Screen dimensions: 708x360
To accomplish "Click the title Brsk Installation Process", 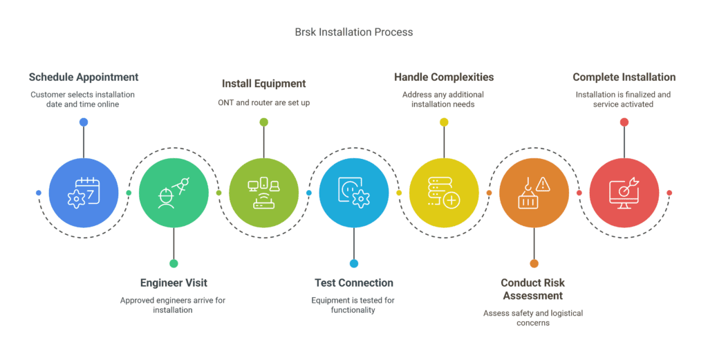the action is pos(353,32).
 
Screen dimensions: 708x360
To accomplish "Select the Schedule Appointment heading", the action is pos(84,77).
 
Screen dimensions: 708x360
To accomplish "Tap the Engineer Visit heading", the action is pos(174,283).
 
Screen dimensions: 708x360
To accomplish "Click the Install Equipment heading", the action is pos(263,84).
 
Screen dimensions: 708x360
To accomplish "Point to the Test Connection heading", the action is pos(354,283).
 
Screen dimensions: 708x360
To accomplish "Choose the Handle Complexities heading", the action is pos(444,77).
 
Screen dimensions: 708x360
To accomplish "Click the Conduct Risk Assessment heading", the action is pos(533,289).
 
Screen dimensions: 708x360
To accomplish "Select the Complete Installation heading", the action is pos(624,77).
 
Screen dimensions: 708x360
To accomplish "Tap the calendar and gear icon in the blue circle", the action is pos(84,193).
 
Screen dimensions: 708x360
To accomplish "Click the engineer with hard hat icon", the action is pos(174,193).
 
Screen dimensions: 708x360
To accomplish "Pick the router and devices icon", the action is pos(263,193).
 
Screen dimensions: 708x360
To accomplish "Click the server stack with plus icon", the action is pos(444,193).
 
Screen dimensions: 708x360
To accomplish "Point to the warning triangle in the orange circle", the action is pos(543,184).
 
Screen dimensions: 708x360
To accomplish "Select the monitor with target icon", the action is pos(624,193).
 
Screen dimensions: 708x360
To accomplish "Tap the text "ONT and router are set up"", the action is pos(263,103).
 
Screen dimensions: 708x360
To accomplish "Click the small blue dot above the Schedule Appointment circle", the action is pos(84,122).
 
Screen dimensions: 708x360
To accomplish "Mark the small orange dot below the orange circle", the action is pos(534,263).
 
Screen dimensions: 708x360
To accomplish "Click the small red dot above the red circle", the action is pos(624,122).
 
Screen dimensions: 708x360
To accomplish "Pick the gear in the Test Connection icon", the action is pos(361,199).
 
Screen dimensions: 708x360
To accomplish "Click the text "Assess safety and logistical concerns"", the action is pos(533,318).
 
